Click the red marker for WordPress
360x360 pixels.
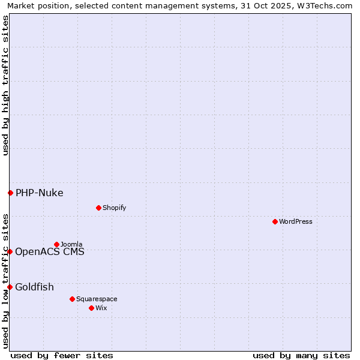tap(275, 221)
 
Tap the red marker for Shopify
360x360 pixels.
tap(98, 208)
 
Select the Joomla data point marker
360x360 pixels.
tap(57, 244)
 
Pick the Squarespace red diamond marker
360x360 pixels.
tap(72, 299)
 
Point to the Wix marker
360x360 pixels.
tap(91, 308)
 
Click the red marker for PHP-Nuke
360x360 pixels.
tap(10, 193)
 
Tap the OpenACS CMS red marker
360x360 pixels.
tap(10, 251)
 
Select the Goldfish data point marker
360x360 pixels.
tap(10, 287)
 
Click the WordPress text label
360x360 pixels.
tap(296, 221)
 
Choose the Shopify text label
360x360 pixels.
tap(115, 208)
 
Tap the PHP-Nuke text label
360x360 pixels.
tap(40, 193)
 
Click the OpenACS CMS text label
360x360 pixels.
tap(50, 251)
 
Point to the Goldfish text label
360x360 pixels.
tap(34, 287)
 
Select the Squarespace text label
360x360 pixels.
tap(97, 299)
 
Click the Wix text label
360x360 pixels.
tap(101, 308)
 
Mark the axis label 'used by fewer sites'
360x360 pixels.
tap(62, 355)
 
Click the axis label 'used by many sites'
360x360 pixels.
tap(301, 355)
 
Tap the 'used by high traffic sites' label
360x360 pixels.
tap(5, 85)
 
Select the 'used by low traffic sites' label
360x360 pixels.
tap(5, 280)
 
